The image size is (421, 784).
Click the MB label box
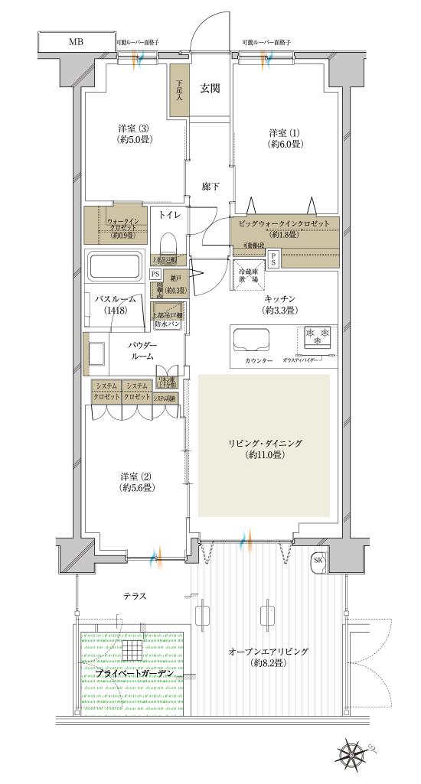coord(75,41)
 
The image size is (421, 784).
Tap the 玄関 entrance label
coord(210,89)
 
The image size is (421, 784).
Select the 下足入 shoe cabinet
coord(179,92)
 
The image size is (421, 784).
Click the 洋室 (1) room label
coord(285,137)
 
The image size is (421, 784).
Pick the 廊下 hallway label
coord(210,186)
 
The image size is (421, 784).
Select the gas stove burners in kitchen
coord(318,336)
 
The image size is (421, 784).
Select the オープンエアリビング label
coord(268,657)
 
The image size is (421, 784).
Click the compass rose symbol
coord(353,755)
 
